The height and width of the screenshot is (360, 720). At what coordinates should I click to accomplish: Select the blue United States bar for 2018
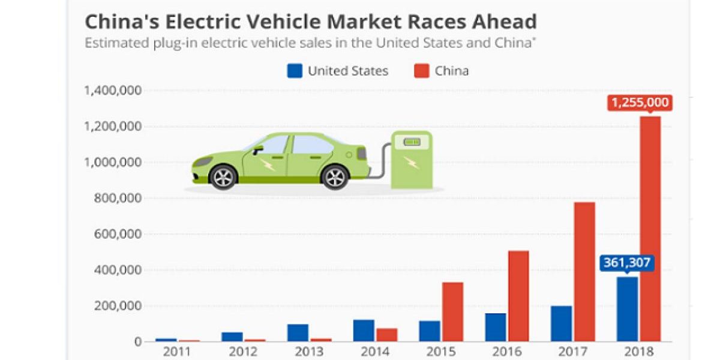[x=627, y=308]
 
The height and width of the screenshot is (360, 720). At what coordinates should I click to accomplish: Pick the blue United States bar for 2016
[x=496, y=327]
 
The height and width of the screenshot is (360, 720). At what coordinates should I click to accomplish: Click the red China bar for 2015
[x=453, y=311]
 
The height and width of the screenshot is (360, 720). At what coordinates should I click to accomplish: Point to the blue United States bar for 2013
[x=298, y=332]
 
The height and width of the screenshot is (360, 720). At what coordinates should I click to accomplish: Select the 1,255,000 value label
[x=640, y=103]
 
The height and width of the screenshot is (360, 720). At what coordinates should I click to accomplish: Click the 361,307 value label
[x=627, y=262]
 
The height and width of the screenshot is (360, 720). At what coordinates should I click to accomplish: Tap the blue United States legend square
[x=294, y=71]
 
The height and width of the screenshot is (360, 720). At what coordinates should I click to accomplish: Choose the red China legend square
[x=421, y=71]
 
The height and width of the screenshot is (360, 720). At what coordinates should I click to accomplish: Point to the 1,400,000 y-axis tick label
[x=112, y=91]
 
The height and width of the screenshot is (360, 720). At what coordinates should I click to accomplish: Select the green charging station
[x=411, y=159]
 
